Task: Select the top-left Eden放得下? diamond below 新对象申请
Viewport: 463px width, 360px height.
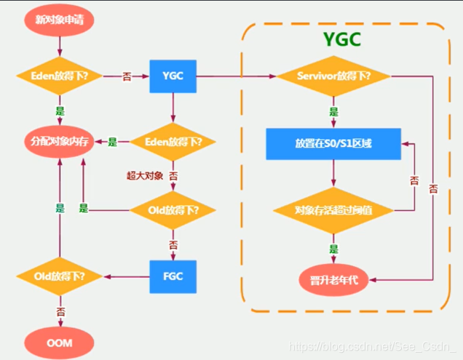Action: point(60,76)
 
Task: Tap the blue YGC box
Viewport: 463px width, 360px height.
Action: point(173,76)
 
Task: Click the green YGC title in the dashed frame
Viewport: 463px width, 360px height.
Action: point(342,41)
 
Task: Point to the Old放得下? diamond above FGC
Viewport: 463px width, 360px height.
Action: point(173,210)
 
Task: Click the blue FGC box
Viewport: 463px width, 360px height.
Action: point(173,276)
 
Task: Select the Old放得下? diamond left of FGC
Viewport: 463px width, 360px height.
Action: point(60,276)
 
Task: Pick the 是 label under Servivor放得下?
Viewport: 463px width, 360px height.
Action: point(333,111)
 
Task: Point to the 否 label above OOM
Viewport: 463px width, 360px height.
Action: point(60,311)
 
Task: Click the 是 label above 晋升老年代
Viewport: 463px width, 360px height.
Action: point(333,249)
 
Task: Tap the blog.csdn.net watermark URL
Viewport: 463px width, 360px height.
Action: point(372,348)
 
